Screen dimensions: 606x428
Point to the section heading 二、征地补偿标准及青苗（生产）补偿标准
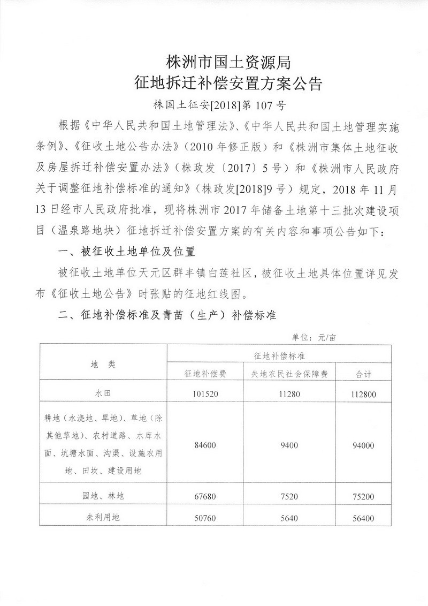pyautogui.click(x=166, y=315)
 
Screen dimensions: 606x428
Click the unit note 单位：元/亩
pyautogui.click(x=313, y=338)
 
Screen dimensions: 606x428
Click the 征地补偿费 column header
pyautogui.click(x=206, y=373)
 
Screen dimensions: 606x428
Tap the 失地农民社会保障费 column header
pyautogui.click(x=289, y=373)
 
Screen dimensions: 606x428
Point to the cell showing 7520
pyautogui.click(x=289, y=496)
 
